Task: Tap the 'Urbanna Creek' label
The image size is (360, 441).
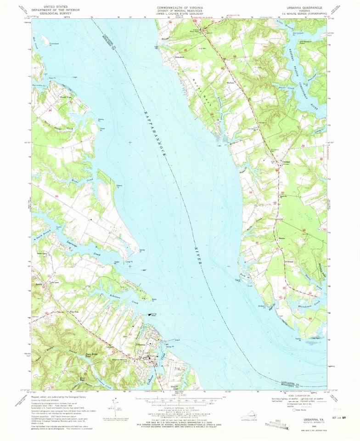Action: [162, 355]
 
